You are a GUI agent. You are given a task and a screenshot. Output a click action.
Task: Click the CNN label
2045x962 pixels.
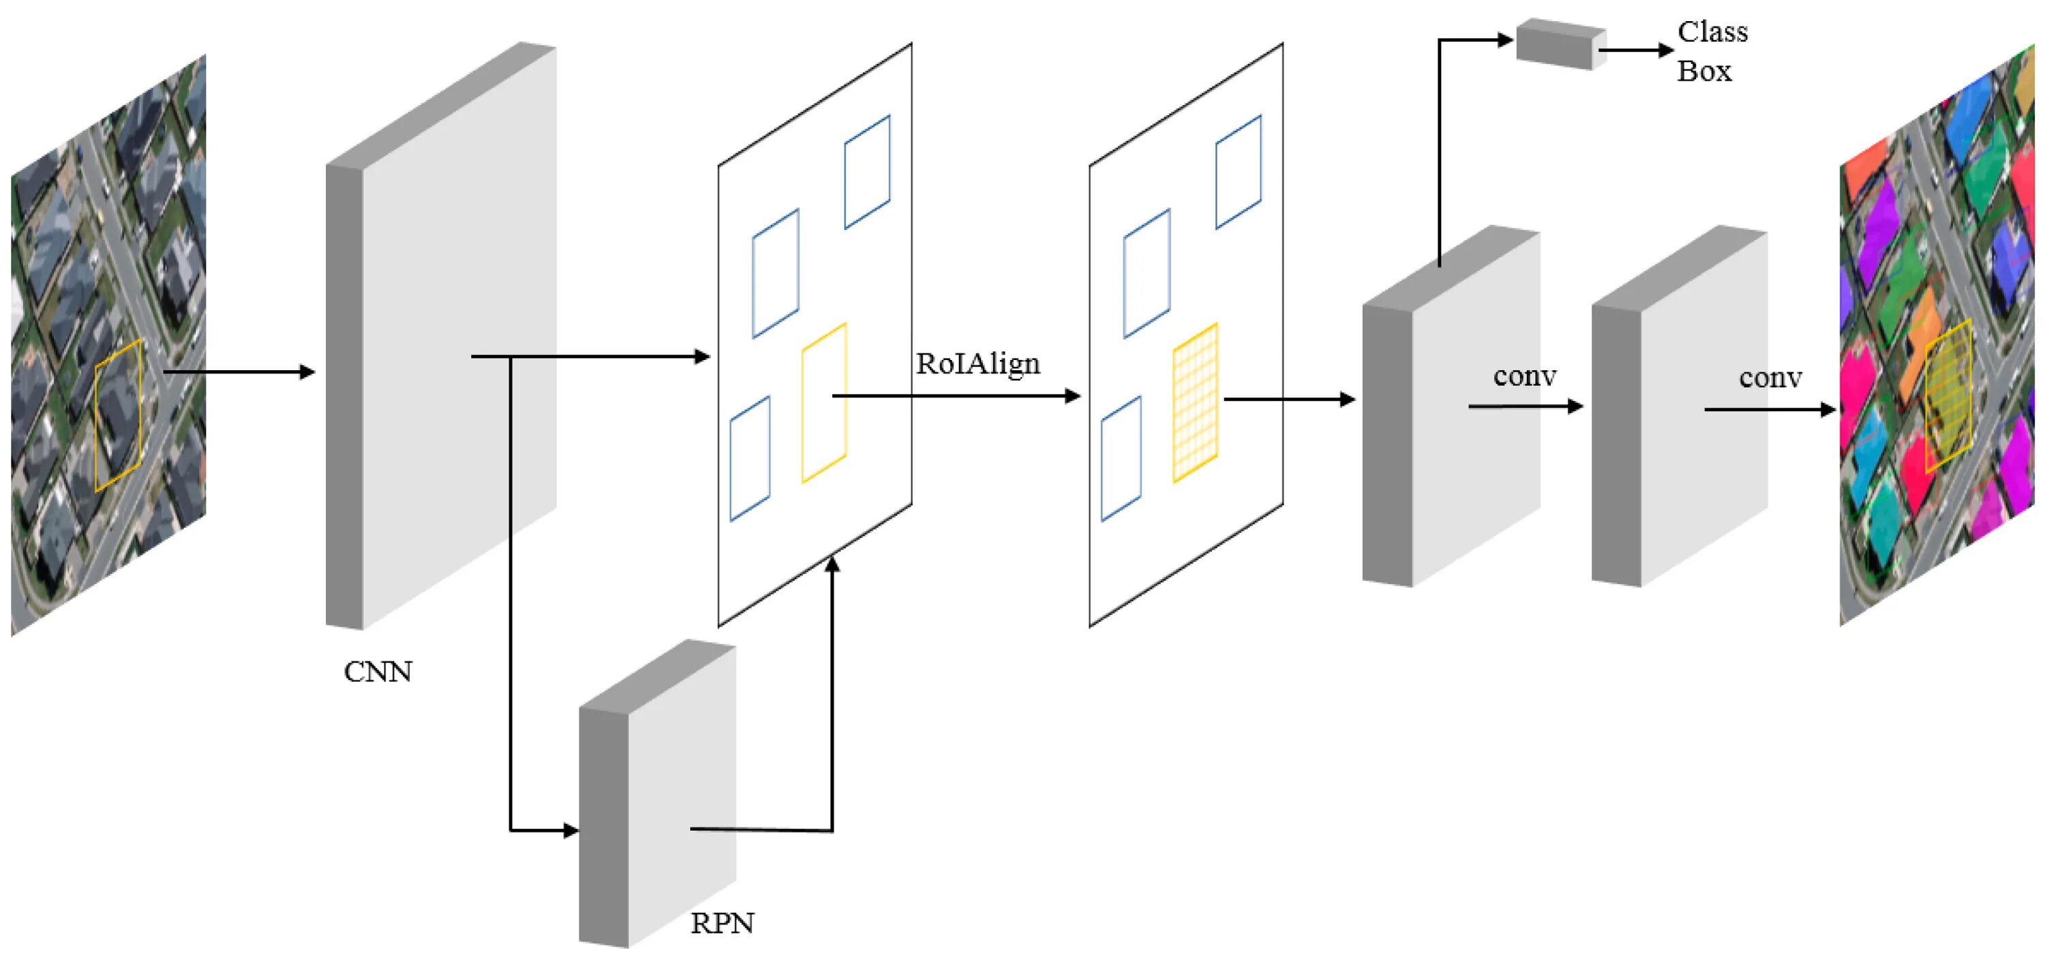pyautogui.click(x=378, y=672)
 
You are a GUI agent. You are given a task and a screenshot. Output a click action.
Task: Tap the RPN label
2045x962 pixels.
pyautogui.click(x=722, y=923)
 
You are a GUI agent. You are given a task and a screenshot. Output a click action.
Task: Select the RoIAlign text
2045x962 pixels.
pyautogui.click(x=978, y=363)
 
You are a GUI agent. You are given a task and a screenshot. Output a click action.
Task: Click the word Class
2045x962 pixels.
pyautogui.click(x=1712, y=32)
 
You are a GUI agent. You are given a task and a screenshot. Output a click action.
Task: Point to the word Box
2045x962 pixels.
pyautogui.click(x=1703, y=72)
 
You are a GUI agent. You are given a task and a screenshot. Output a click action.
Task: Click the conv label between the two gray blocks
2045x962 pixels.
pyautogui.click(x=1524, y=376)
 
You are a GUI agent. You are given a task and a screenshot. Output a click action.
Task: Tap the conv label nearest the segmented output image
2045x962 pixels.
pyautogui.click(x=1770, y=378)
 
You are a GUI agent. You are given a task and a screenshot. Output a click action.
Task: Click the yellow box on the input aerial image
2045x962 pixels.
pyautogui.click(x=119, y=415)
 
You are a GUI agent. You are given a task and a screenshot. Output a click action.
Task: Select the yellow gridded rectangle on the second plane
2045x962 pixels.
pyautogui.click(x=1195, y=402)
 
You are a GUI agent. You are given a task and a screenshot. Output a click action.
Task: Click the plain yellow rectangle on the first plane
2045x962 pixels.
pyautogui.click(x=824, y=402)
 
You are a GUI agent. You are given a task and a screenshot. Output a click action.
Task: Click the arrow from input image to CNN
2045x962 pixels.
pyautogui.click(x=238, y=372)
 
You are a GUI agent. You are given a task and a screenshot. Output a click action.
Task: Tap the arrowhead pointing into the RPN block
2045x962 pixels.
pyautogui.click(x=570, y=830)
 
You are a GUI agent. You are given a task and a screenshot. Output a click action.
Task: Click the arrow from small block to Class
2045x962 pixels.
pyautogui.click(x=1635, y=50)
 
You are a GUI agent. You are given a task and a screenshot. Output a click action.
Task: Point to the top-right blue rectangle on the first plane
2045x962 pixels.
pyautogui.click(x=867, y=172)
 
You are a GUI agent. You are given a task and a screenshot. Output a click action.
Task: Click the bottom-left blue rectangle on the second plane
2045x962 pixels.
pyautogui.click(x=1121, y=459)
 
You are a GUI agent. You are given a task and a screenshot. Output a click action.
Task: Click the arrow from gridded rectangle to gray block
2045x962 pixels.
pyautogui.click(x=1289, y=400)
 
